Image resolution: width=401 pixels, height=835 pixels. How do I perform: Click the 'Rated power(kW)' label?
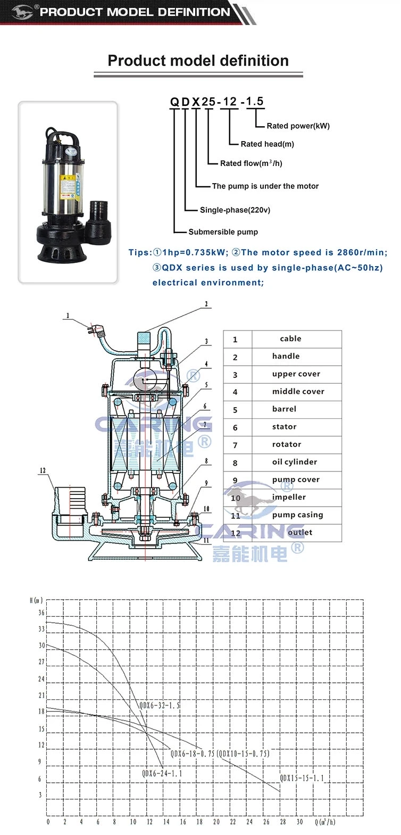tap(298, 126)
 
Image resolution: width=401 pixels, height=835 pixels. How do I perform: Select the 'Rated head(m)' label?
tap(267, 144)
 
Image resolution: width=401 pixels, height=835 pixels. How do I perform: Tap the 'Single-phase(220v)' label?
tap(235, 210)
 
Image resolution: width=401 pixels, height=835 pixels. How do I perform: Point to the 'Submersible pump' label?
tap(223, 232)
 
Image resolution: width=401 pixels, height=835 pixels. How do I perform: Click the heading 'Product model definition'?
tap(198, 61)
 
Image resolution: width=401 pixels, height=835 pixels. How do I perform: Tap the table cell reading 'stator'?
tap(284, 427)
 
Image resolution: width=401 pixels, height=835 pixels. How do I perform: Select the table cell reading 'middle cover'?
tap(298, 392)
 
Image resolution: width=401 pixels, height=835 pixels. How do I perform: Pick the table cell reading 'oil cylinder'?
tap(294, 462)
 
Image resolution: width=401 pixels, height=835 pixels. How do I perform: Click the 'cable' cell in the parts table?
tap(290, 339)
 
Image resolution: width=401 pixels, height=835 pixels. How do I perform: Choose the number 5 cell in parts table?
tap(235, 410)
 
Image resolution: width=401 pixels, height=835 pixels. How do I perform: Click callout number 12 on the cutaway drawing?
tap(43, 470)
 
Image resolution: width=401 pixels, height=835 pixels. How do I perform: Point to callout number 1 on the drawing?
tap(68, 316)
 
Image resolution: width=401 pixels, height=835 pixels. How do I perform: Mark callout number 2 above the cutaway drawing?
tap(206, 304)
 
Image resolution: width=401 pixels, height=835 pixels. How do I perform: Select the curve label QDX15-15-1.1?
tap(302, 778)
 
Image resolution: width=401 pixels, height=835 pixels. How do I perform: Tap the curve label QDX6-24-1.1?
tap(162, 773)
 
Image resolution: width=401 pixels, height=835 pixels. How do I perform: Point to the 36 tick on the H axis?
tap(41, 613)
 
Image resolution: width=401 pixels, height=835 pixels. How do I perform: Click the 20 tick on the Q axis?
tap(216, 822)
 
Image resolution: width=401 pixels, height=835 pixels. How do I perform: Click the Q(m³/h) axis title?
tap(325, 822)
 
